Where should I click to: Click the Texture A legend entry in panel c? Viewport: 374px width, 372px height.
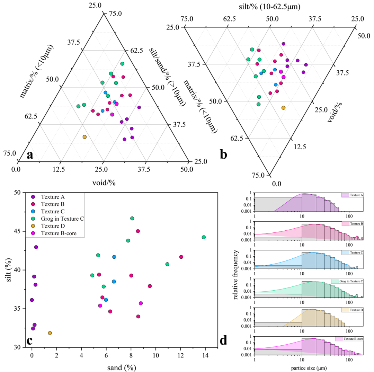tap(51, 197)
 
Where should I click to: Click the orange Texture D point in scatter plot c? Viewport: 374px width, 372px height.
tap(50, 333)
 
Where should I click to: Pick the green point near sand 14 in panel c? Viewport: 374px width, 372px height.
tap(204, 237)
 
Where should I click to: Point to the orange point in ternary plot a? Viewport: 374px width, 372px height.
tap(84, 137)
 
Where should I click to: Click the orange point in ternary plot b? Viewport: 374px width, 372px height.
tap(283, 108)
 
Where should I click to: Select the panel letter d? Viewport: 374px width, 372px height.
tap(223, 340)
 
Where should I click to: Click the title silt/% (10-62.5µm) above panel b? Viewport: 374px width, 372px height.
tap(269, 6)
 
